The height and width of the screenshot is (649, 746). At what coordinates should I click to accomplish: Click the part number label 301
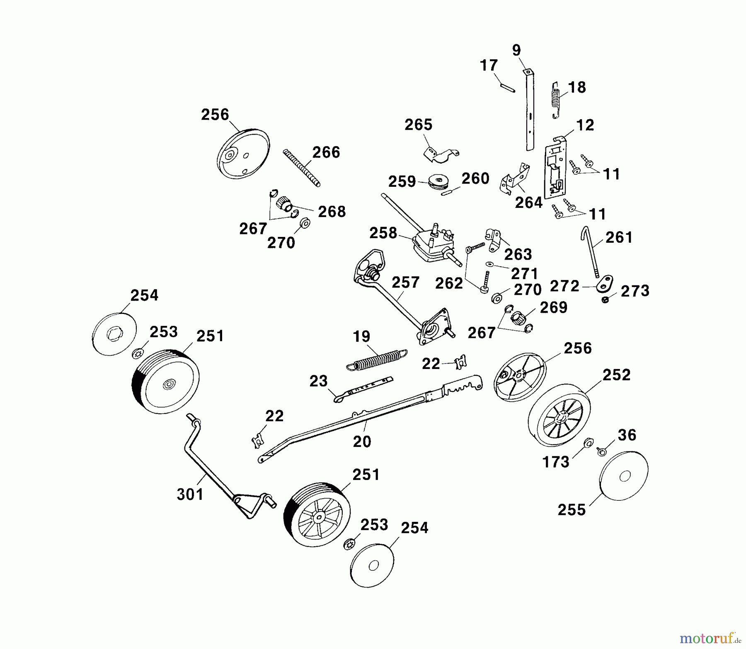[x=190, y=494]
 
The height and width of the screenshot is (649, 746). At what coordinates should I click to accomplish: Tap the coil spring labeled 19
[x=376, y=359]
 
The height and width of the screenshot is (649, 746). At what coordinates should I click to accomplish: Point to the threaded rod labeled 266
[x=302, y=168]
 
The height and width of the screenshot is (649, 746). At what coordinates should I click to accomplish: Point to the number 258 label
[x=383, y=233]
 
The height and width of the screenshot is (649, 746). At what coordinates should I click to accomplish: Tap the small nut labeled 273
[x=606, y=300]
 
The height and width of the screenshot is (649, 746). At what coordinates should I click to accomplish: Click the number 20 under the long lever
[x=362, y=442]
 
